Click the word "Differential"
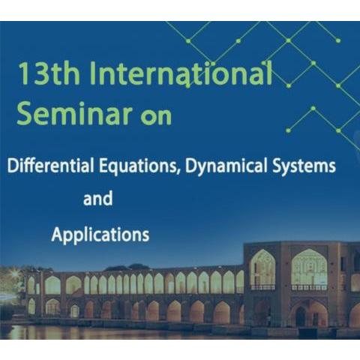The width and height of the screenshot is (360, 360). point(50,166)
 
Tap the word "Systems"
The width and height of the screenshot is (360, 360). point(304,166)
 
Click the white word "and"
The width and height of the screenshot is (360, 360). point(98,198)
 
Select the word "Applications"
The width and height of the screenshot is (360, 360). point(100,235)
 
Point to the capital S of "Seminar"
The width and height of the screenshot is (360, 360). point(25,113)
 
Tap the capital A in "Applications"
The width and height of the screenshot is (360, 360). point(57,234)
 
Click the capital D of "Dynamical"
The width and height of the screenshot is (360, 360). point(191,166)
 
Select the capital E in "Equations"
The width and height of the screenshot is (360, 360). point(103,166)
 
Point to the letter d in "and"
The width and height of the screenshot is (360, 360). point(107,198)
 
